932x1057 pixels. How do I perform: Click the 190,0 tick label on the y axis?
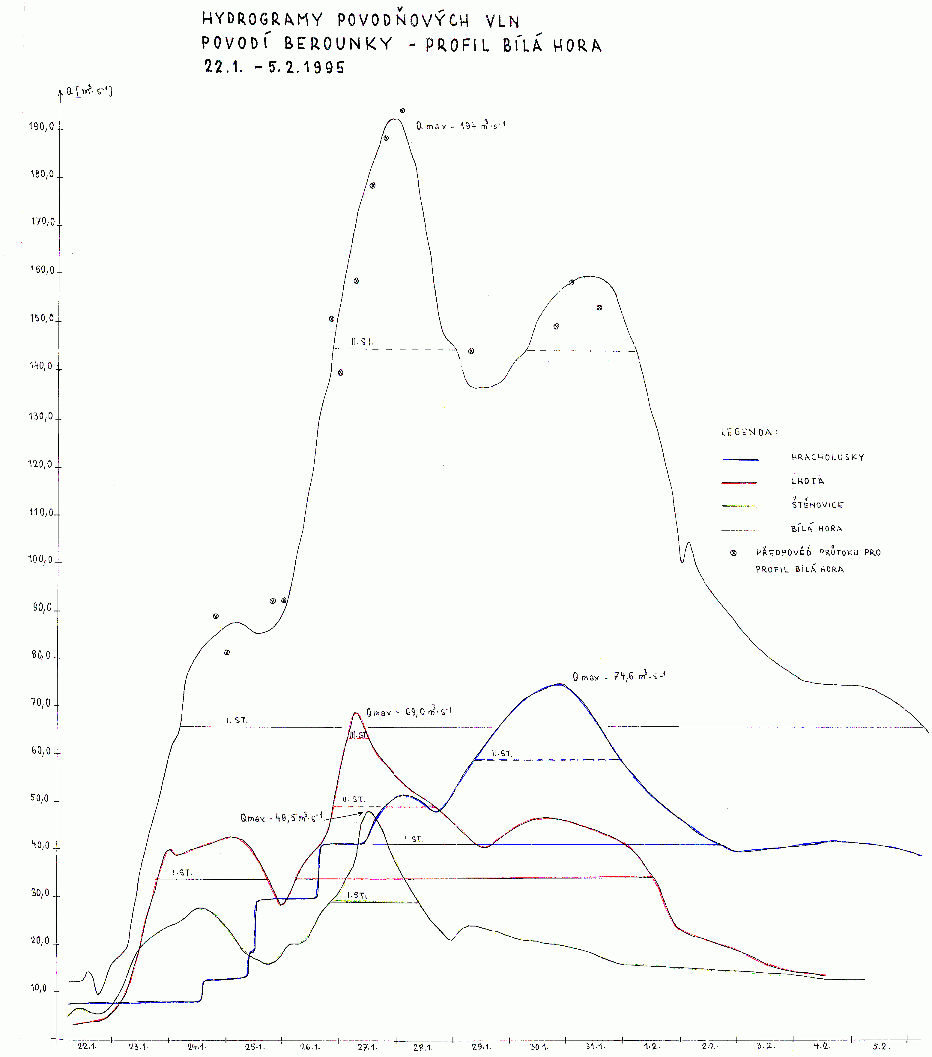pyautogui.click(x=41, y=127)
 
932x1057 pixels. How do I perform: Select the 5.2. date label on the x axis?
pyautogui.click(x=879, y=1046)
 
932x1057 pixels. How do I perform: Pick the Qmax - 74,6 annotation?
pyautogui.click(x=619, y=676)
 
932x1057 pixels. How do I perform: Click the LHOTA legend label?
pyautogui.click(x=808, y=481)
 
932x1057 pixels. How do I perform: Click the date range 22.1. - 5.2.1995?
pyautogui.click(x=274, y=67)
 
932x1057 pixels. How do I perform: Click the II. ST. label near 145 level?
pyautogui.click(x=362, y=342)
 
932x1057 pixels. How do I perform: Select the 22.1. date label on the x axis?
pyautogui.click(x=87, y=1046)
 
